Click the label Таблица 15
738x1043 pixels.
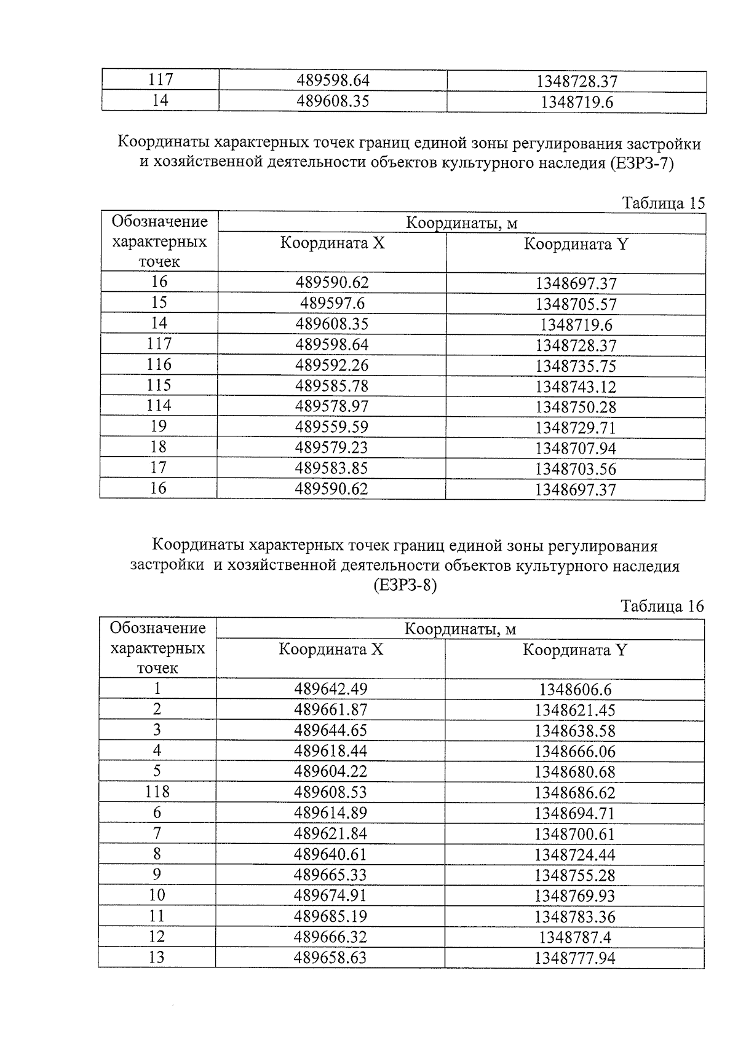click(663, 203)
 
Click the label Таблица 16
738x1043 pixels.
click(662, 607)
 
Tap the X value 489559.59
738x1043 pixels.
click(331, 427)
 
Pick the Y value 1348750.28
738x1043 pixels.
click(576, 407)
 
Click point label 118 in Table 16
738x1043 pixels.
click(157, 792)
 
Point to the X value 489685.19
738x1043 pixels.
click(330, 916)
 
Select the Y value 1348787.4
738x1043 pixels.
click(575, 937)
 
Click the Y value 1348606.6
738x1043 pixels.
click(575, 690)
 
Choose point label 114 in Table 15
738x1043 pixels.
click(159, 406)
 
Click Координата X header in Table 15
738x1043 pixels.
click(332, 243)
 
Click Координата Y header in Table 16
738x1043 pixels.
click(574, 650)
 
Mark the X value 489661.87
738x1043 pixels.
click(330, 709)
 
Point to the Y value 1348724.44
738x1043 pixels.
click(575, 854)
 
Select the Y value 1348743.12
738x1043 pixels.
click(576, 387)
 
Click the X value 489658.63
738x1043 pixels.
click(330, 958)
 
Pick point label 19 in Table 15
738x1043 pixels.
click(159, 426)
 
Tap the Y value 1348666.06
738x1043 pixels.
click(575, 751)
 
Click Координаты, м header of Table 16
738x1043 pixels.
click(459, 629)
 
